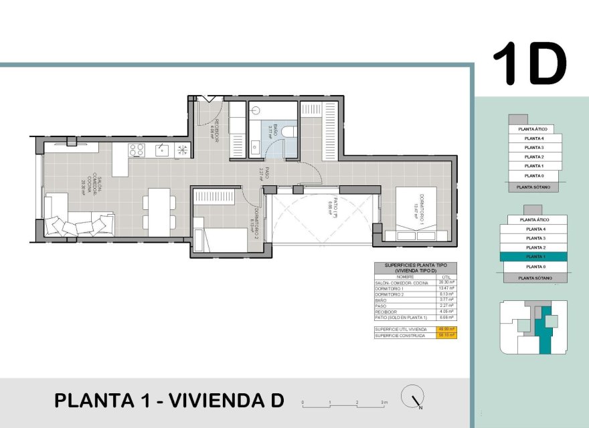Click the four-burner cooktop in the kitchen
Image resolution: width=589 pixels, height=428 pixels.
pos(137,150)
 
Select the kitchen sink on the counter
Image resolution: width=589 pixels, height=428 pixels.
pos(161,150)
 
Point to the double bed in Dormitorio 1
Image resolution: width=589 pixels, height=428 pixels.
pos(415,213)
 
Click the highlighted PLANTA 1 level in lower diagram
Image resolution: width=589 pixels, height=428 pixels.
pos(533,257)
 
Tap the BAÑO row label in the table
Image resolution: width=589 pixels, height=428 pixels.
pos(382,300)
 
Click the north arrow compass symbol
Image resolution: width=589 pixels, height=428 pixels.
pos(412,397)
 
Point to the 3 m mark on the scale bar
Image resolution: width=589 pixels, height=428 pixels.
pos(384,403)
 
